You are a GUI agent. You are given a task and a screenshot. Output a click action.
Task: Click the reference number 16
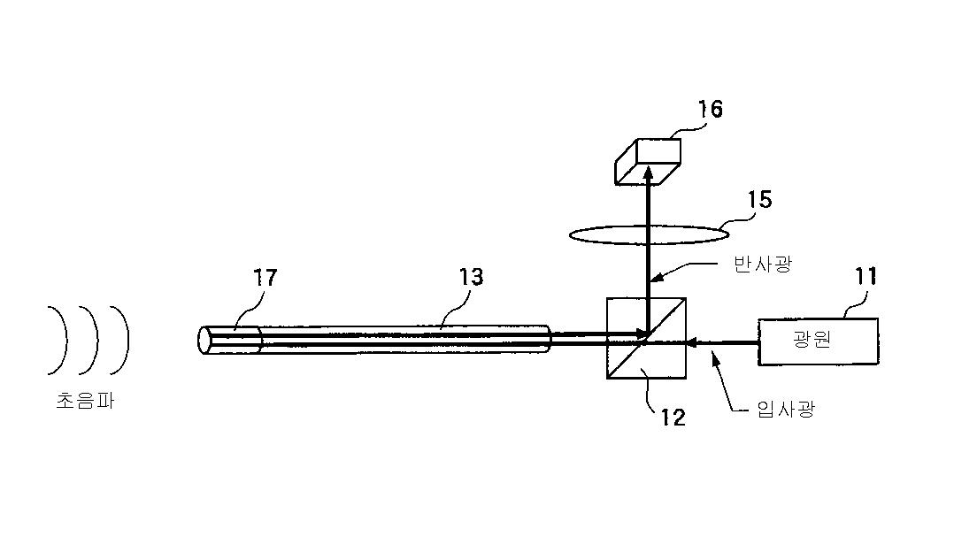pos(710,110)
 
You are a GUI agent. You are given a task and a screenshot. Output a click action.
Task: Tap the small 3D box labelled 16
pos(649,160)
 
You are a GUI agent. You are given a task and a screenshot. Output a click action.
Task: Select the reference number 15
pos(759,200)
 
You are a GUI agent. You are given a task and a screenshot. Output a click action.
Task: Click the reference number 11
pos(865,277)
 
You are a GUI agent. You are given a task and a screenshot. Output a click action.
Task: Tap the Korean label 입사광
pos(785,408)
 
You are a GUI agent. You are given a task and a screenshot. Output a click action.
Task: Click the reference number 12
pos(673,417)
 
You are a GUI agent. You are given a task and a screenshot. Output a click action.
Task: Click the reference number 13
pos(472,277)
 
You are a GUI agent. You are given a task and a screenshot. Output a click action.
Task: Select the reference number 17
pos(265,278)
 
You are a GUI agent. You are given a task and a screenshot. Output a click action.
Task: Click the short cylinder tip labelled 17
pos(230,341)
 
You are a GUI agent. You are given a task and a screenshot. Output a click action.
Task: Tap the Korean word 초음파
pos(85,401)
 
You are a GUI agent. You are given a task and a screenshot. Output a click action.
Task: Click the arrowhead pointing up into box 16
pos(648,174)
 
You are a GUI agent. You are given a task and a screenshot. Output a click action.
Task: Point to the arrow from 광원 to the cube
pos(722,340)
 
